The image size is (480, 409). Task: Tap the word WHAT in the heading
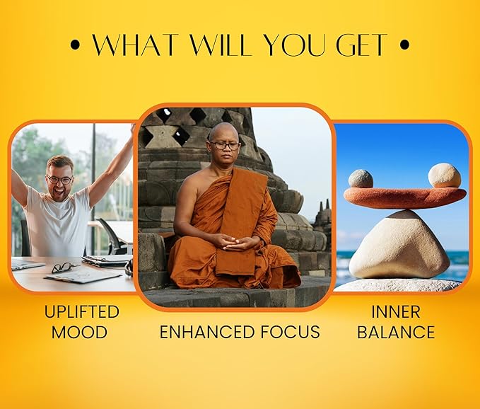[136, 45]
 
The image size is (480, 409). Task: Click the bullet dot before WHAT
[75, 45]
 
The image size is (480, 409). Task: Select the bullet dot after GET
[404, 45]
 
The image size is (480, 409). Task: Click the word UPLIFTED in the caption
[82, 312]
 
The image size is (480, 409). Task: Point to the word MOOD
[79, 332]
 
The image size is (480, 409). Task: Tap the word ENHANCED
[207, 332]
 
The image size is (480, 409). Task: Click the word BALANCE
[396, 332]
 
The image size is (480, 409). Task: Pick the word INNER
[395, 312]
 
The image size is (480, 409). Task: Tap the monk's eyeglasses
[225, 146]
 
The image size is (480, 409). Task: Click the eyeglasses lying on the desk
[64, 267]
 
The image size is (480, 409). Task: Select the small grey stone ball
[361, 178]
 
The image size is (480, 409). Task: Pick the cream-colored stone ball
[445, 175]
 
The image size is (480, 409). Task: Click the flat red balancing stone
[405, 197]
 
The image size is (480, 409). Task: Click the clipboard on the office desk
[83, 275]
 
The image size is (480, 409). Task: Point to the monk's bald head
[223, 132]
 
